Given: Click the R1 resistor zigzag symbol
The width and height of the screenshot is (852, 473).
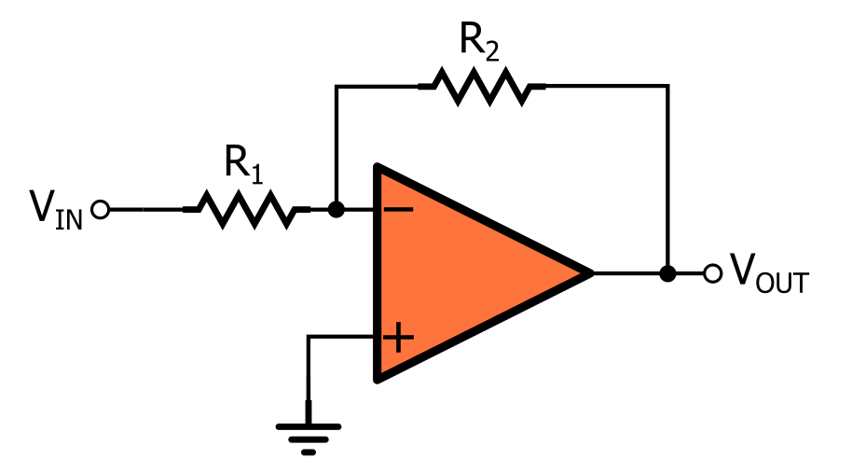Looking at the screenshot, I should tap(246, 210).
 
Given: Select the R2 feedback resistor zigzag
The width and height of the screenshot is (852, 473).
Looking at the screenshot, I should tap(482, 87).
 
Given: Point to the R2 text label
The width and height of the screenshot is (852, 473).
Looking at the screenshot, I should tap(480, 40).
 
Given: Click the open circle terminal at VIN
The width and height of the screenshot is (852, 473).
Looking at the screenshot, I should tap(101, 210).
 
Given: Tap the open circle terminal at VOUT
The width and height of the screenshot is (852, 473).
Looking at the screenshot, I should tap(713, 273).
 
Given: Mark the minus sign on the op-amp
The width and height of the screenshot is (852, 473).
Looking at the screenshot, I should tap(398, 210).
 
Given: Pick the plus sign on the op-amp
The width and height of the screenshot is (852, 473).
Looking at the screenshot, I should tap(398, 337).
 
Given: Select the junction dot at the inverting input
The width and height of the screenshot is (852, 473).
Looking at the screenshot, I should tap(337, 210).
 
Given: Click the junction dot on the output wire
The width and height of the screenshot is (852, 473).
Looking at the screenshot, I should tap(667, 273).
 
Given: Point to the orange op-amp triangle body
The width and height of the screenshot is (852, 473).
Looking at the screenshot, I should tap(466, 273).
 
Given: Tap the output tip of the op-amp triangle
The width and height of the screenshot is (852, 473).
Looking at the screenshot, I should tap(589, 273).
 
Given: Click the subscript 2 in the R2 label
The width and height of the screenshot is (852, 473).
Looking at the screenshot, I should tap(493, 49).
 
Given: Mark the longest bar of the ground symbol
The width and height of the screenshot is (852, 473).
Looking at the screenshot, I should tap(309, 427).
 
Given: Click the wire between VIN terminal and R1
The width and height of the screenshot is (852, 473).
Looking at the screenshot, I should tap(144, 210).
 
